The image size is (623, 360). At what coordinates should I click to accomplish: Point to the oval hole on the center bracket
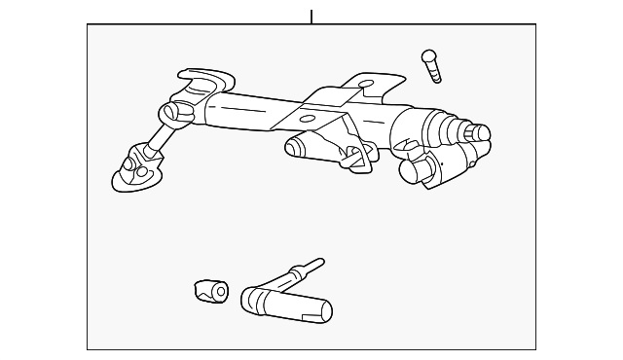pyautogui.click(x=307, y=119)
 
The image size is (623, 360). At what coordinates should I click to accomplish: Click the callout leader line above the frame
pyautogui.click(x=311, y=17)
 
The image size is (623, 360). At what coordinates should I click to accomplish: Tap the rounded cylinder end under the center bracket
pyautogui.click(x=293, y=147)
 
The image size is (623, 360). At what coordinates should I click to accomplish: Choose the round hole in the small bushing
pyautogui.click(x=220, y=291)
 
